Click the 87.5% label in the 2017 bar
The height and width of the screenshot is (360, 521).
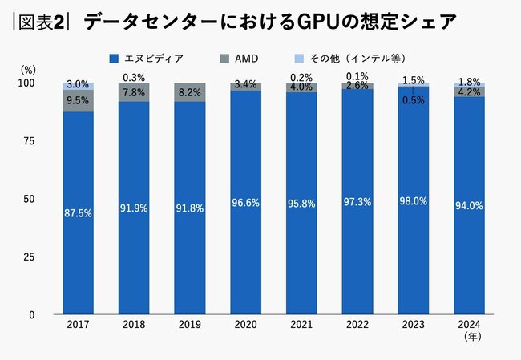[78, 213]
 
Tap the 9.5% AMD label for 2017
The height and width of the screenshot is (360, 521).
[78, 101]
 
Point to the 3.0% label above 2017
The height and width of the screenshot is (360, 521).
[78, 83]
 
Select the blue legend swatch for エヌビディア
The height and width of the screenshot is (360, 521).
[113, 59]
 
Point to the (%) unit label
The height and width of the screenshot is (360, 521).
[27, 70]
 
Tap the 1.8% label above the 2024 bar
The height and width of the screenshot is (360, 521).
[469, 82]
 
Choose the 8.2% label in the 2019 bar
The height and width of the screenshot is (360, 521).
[189, 92]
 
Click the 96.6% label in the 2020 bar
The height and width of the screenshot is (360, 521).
[245, 204]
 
